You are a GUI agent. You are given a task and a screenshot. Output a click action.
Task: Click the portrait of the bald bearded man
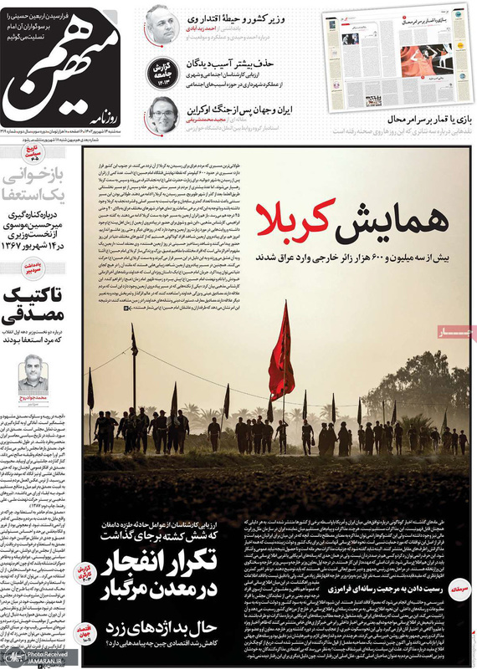tap(159, 23)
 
